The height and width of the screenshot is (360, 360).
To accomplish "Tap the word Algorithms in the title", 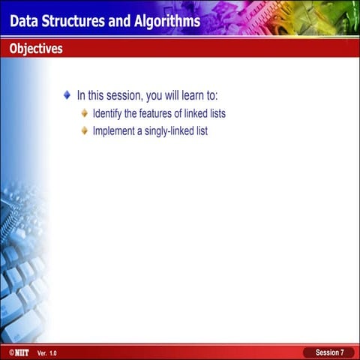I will (x=165, y=21).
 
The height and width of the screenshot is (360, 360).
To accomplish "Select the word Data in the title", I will (x=25, y=21).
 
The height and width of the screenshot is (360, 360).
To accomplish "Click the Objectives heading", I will (x=36, y=49).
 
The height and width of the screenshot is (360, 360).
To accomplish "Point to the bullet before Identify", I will (x=85, y=113).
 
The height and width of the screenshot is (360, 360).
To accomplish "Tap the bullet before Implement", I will (x=85, y=130).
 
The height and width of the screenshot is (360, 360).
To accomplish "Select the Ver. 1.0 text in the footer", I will (x=46, y=352).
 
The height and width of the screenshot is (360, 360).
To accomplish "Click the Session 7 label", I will (x=329, y=352).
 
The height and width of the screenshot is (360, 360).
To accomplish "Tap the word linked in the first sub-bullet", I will (x=191, y=113).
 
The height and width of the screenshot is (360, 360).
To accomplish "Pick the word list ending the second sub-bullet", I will (x=200, y=131).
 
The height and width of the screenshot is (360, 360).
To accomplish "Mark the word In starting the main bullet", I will (x=81, y=96).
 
